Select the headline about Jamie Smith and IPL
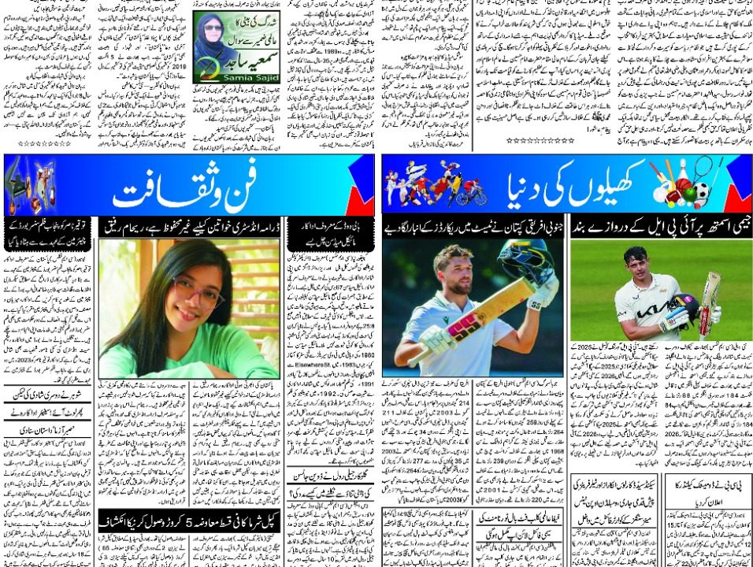[661, 226]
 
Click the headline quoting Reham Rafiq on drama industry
[188, 226]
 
